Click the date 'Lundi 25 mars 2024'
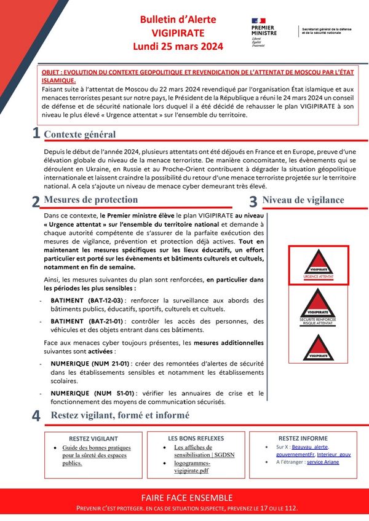point(178,46)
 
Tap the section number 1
point(36,133)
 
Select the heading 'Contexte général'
point(79,134)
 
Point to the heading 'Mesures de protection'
point(91,200)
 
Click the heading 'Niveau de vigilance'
point(303,200)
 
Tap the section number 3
point(253,201)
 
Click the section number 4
point(36,415)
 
